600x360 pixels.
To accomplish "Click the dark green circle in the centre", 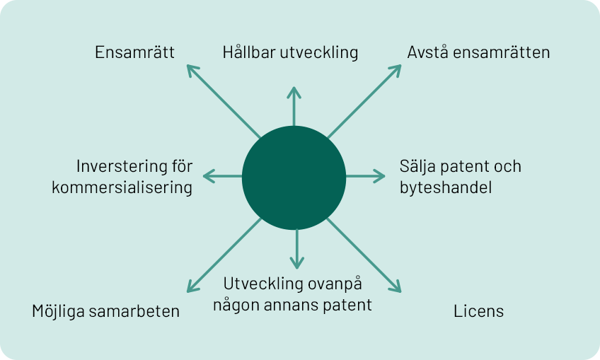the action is (294, 178).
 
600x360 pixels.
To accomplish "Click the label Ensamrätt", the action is (134, 52).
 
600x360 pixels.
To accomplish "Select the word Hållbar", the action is (249, 52).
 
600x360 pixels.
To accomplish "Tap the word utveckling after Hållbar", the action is (318, 52).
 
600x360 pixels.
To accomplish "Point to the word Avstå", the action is (427, 52).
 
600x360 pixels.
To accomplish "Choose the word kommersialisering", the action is (122, 188).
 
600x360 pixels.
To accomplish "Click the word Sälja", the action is (417, 166).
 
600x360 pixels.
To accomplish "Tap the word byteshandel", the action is (446, 187).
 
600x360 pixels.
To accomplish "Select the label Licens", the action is (479, 311).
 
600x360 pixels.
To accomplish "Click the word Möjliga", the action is (58, 311).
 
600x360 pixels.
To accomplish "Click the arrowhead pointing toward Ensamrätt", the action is (192, 70).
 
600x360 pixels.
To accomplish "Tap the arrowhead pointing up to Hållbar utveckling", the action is (294, 92).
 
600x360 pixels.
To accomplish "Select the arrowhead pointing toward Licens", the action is (396, 287).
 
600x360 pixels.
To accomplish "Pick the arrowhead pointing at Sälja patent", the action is (379, 176).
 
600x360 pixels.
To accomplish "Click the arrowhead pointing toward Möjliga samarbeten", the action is (192, 287).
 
